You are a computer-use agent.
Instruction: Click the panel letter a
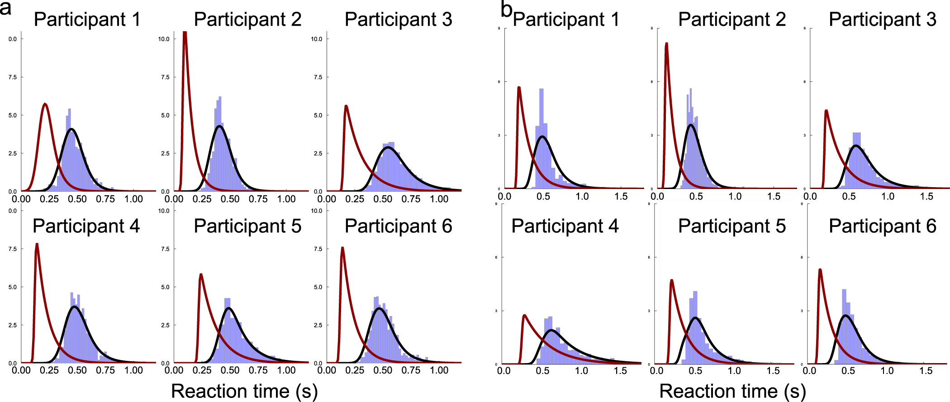coord(5,8)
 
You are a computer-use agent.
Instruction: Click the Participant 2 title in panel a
coord(247,19)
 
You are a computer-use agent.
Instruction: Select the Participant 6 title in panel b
coord(882,226)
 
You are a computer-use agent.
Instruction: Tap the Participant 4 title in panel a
coord(86,226)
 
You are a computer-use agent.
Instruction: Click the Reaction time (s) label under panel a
coord(244,391)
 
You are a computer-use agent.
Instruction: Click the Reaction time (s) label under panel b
coord(732,391)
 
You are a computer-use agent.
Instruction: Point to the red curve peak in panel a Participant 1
coord(45,104)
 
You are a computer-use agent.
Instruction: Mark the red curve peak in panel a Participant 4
coord(37,245)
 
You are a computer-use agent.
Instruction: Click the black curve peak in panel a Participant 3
coord(388,147)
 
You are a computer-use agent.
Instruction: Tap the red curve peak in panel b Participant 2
coord(666,44)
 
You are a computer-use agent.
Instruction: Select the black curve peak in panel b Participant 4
coord(551,331)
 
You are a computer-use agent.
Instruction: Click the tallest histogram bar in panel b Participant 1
coord(541,90)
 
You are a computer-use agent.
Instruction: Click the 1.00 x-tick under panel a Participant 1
coord(133,199)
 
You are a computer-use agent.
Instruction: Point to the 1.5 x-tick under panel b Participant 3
coord(926,196)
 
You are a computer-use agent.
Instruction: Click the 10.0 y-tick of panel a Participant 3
coord(316,39)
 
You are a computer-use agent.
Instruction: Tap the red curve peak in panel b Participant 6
coord(820,270)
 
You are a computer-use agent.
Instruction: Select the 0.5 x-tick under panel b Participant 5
coord(695,371)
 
